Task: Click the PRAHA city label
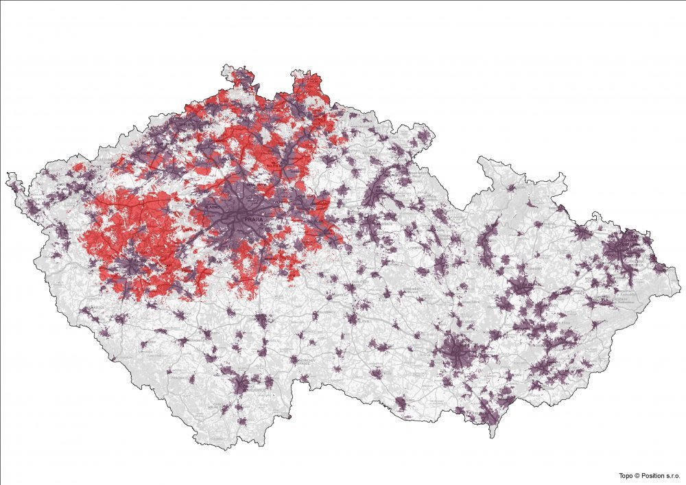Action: pos(245,219)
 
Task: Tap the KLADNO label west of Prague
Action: pos(213,206)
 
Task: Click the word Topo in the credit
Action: pos(625,475)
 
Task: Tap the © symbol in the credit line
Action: pos(637,475)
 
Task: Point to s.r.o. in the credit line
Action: pos(673,475)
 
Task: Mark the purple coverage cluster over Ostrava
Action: pos(625,248)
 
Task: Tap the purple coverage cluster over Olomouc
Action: pos(521,289)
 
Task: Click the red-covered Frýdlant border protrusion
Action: pos(305,79)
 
